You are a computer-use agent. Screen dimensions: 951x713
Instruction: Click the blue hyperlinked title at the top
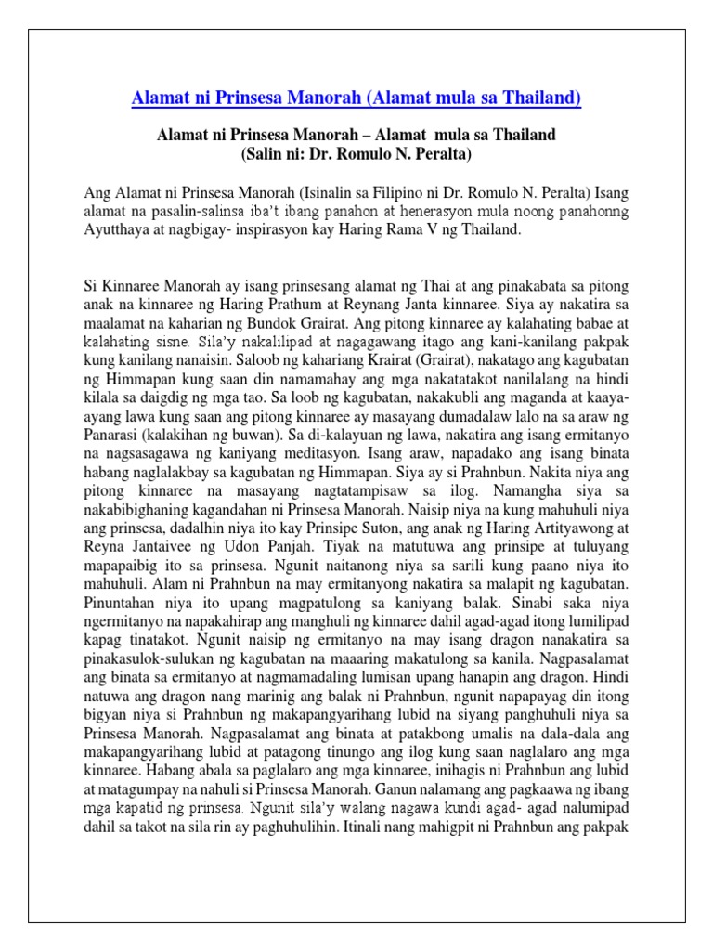click(x=356, y=99)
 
